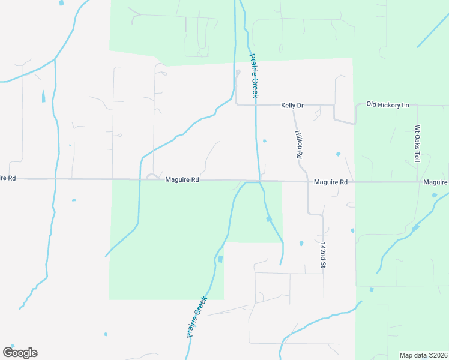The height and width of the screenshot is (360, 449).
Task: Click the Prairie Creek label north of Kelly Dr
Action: point(254,76)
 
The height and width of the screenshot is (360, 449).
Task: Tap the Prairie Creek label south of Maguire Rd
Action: point(196,316)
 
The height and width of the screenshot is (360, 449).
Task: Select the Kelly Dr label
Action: point(292,106)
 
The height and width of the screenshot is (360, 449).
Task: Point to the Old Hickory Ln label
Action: point(387,105)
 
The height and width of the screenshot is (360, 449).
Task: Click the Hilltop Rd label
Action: point(298,145)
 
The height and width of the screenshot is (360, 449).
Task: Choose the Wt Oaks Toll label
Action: point(417,144)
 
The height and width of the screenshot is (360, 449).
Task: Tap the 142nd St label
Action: point(323,256)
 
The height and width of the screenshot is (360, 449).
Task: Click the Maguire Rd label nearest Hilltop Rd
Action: point(331,182)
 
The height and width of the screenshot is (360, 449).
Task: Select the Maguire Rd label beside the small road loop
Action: point(182,179)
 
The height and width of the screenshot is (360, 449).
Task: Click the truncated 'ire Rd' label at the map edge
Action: point(8,178)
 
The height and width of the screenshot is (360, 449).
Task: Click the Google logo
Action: point(20,353)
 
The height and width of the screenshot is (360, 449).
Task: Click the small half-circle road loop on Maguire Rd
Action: point(152,176)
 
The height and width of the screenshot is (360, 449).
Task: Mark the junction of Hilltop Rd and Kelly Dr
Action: point(294,106)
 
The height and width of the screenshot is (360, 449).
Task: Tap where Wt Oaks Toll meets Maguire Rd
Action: point(418,181)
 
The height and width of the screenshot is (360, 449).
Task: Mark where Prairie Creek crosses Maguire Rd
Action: point(260,181)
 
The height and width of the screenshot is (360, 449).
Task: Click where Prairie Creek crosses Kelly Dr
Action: point(256,105)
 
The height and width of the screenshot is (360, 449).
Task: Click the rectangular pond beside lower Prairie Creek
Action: point(220,259)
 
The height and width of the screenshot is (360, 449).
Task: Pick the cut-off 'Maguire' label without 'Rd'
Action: point(436,182)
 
